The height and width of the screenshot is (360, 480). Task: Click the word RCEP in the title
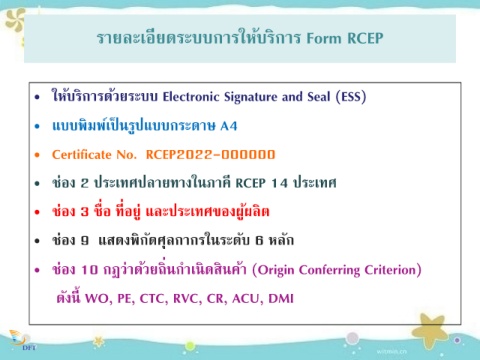point(365,38)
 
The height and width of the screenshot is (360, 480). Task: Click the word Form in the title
point(324,38)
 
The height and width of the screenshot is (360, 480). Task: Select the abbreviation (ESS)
point(351,97)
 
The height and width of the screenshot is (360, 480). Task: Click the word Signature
point(251,97)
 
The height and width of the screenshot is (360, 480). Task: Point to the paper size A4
point(229,126)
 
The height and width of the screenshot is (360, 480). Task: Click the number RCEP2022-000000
point(210,155)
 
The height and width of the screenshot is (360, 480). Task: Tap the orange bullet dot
point(37,155)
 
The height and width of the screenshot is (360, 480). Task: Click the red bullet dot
point(37,212)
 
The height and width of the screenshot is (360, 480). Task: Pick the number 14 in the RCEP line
point(279,183)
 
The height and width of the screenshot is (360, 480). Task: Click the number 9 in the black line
point(85,240)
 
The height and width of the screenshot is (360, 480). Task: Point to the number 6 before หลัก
point(259,240)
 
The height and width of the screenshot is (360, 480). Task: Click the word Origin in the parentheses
point(276,270)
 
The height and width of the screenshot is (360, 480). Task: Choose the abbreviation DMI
point(281,298)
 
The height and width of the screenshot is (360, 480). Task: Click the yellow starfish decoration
point(430,331)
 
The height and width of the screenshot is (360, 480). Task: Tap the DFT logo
point(21,341)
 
